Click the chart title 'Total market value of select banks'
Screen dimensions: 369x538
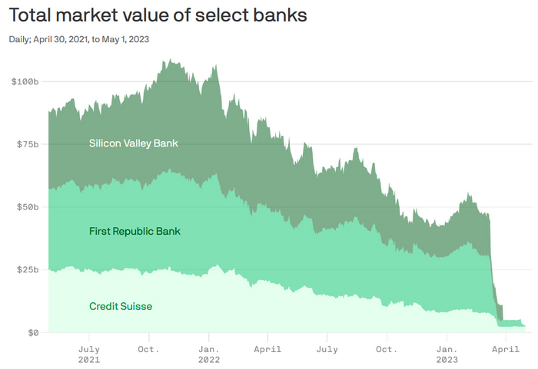(158, 15)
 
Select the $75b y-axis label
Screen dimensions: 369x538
(27, 144)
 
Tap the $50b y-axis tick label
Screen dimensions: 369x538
(27, 207)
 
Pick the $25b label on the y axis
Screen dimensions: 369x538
(27, 270)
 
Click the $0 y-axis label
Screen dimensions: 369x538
(32, 333)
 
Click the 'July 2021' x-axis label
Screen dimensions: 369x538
(88, 354)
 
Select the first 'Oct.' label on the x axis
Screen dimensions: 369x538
(148, 348)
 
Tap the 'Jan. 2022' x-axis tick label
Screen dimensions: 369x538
(208, 354)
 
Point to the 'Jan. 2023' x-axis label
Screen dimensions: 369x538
(447, 354)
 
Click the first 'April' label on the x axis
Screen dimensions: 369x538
(267, 348)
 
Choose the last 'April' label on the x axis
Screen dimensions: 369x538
(504, 348)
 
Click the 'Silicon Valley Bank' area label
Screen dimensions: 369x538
(134, 143)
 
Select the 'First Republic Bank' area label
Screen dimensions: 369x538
(134, 231)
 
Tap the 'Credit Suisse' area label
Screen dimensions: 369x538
(121, 306)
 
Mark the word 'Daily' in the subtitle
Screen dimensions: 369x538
(21, 39)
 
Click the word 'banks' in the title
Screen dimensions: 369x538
(278, 15)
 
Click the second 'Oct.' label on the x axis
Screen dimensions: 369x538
(387, 348)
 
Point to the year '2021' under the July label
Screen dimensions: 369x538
(88, 359)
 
